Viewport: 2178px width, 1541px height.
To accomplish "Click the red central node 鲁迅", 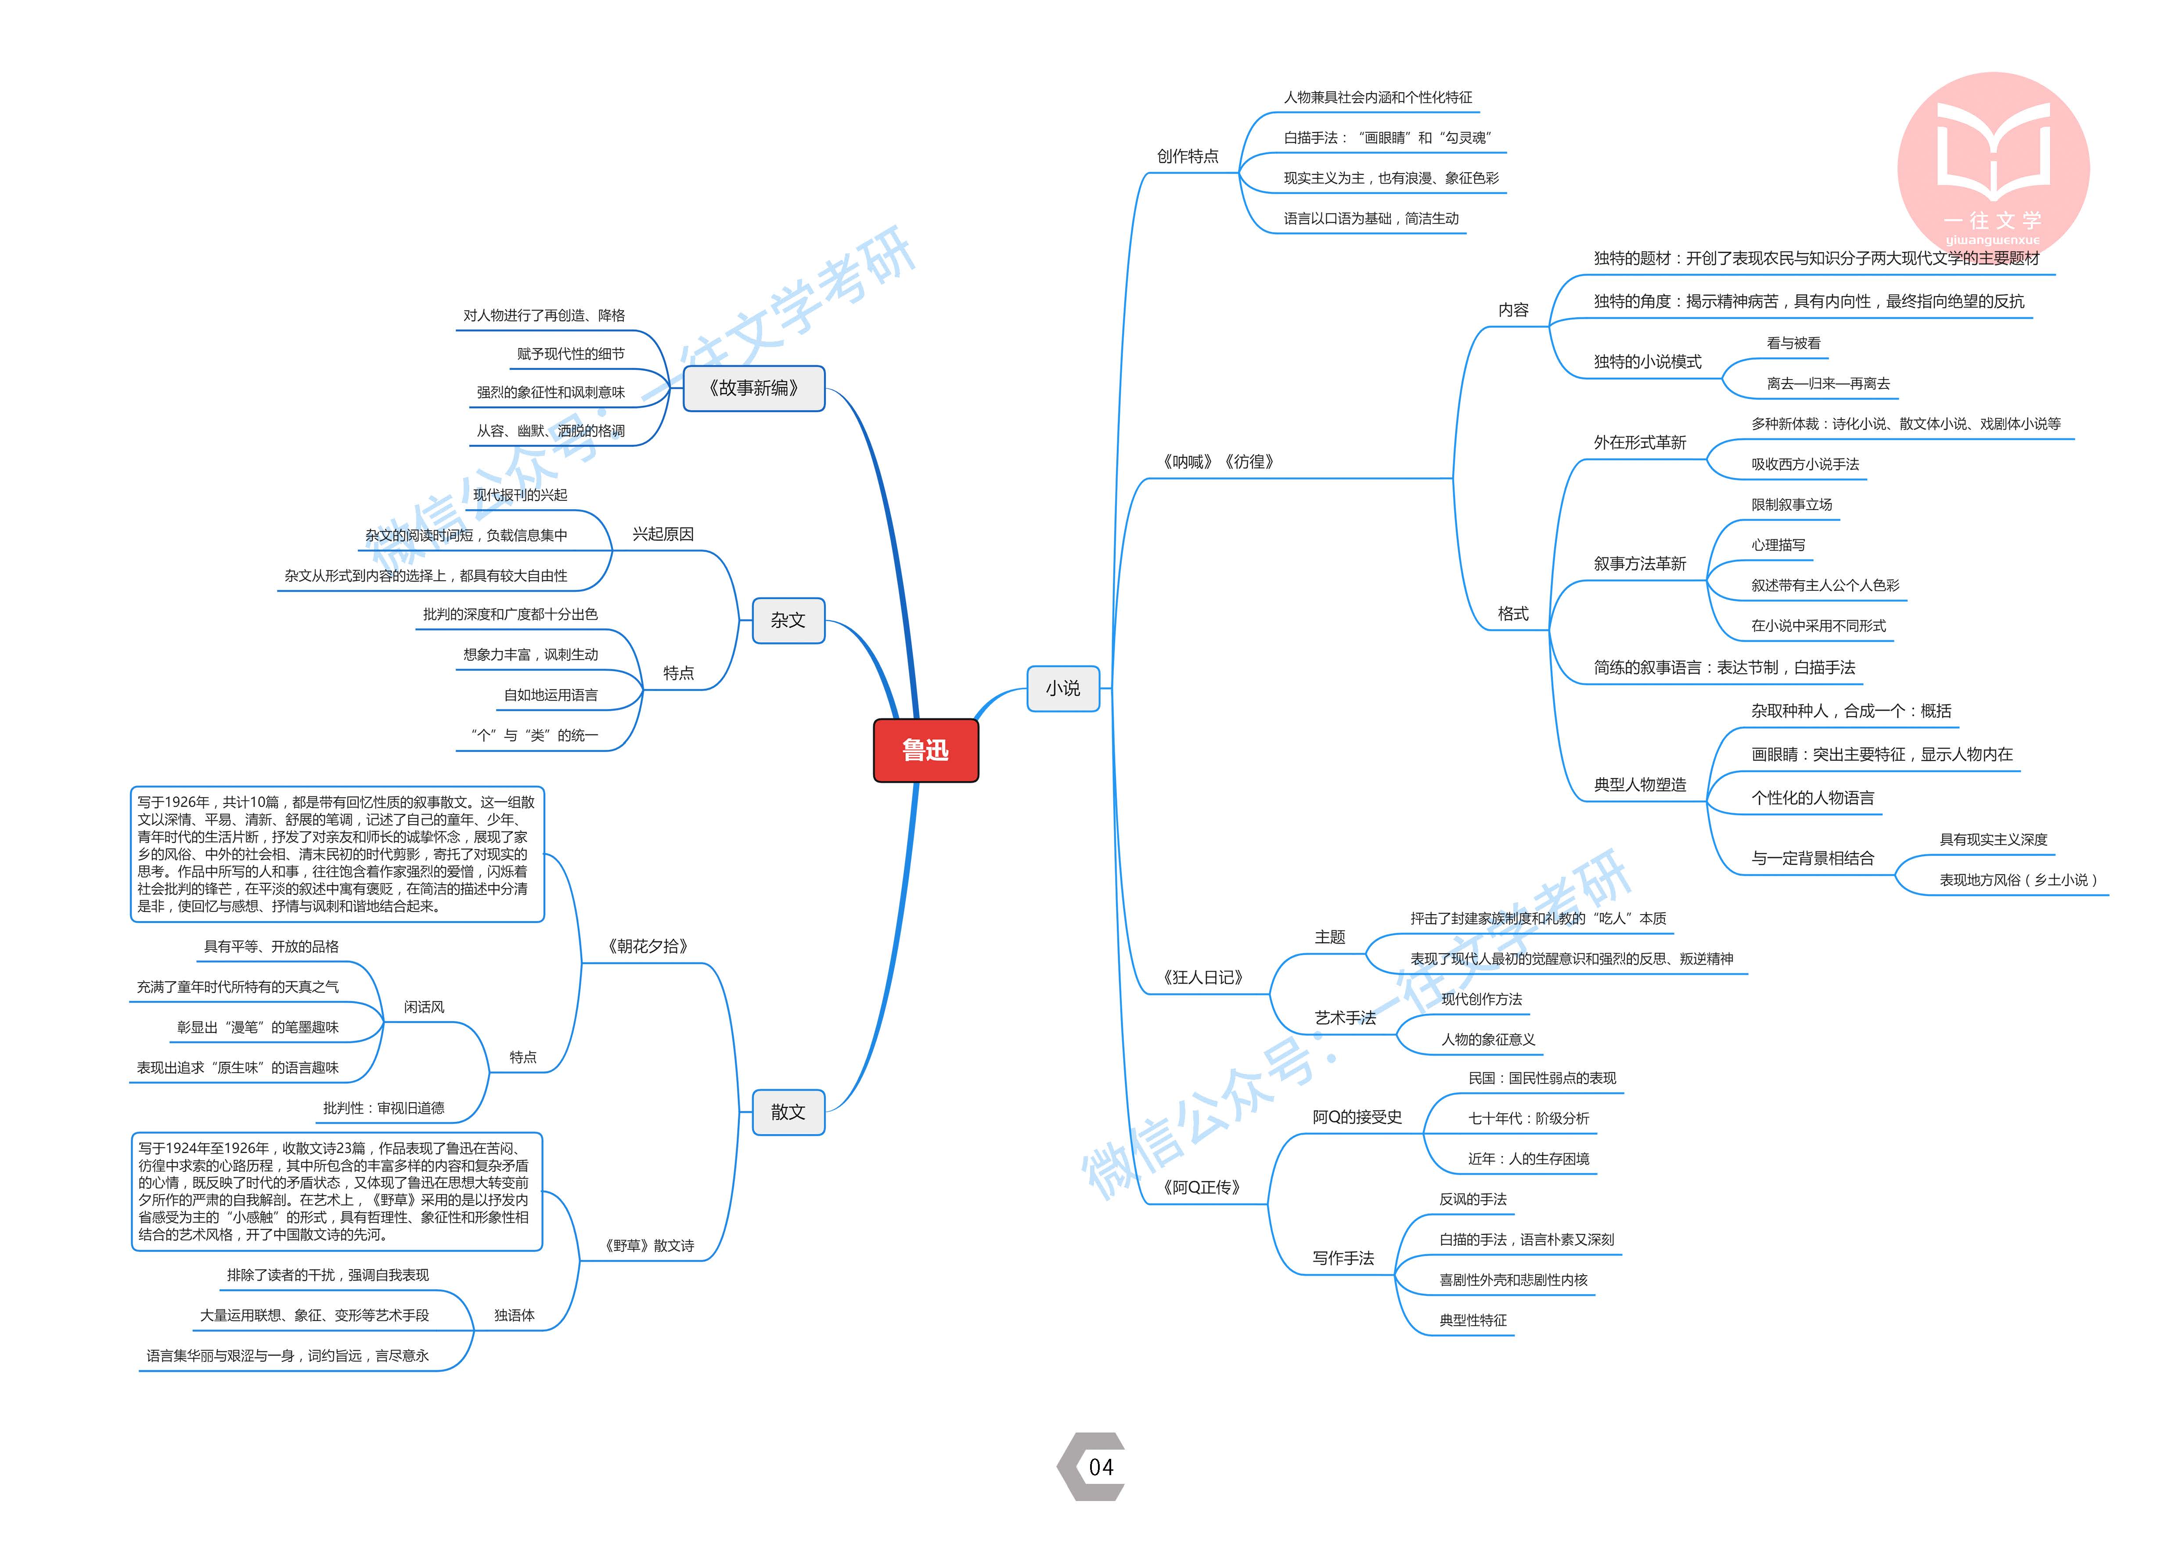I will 925,751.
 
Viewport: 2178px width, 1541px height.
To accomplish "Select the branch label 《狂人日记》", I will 1203,977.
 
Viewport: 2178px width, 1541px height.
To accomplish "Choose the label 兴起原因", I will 663,534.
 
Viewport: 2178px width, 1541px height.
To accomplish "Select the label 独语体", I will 514,1315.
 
